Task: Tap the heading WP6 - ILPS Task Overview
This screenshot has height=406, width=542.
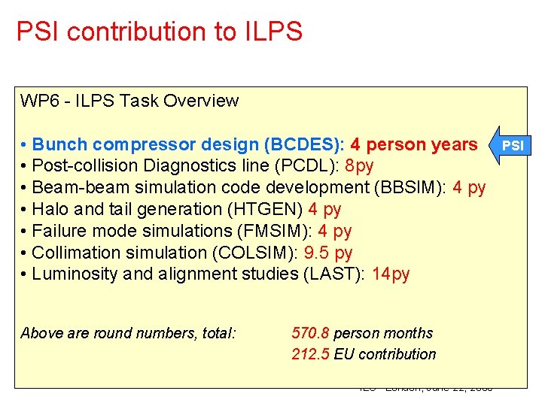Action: pyautogui.click(x=129, y=101)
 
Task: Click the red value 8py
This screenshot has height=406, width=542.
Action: pyautogui.click(x=359, y=165)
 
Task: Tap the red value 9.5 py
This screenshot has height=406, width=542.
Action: pyautogui.click(x=328, y=253)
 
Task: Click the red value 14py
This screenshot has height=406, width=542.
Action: pyautogui.click(x=391, y=274)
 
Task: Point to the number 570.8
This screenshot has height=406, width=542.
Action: pyautogui.click(x=310, y=333)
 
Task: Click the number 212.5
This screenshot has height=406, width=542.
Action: pyautogui.click(x=310, y=354)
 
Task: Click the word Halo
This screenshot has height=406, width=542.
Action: pyautogui.click(x=48, y=209)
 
